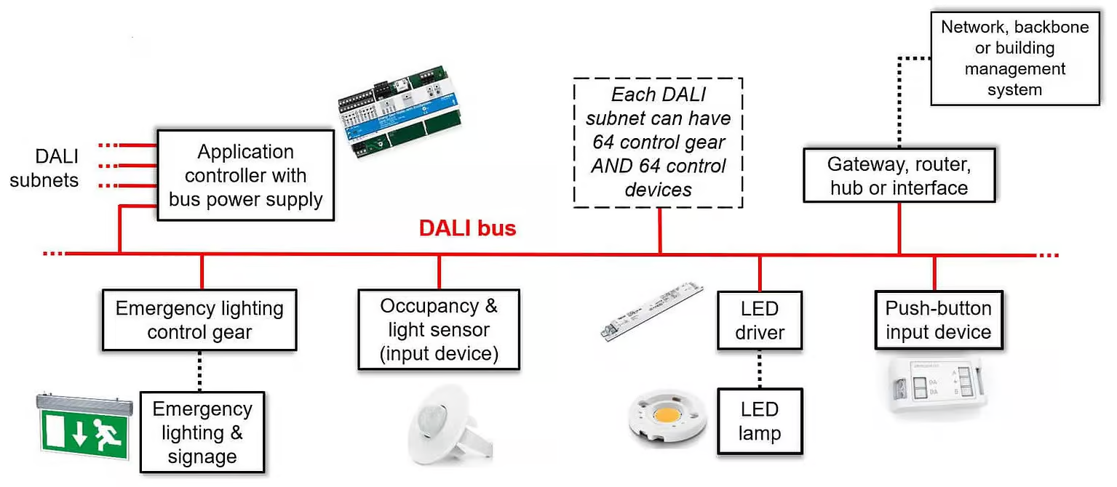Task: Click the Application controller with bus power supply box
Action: click(x=245, y=175)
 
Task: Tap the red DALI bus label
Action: click(x=467, y=228)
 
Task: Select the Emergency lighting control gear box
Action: click(x=199, y=320)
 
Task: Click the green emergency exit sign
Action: click(x=84, y=428)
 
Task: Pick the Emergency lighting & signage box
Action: click(x=202, y=432)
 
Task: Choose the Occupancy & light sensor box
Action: click(x=439, y=329)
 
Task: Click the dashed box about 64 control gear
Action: click(x=658, y=142)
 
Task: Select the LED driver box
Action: click(x=760, y=321)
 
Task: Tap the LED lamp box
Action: click(x=760, y=422)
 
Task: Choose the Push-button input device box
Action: click(x=938, y=320)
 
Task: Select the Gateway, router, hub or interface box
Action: click(x=899, y=175)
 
